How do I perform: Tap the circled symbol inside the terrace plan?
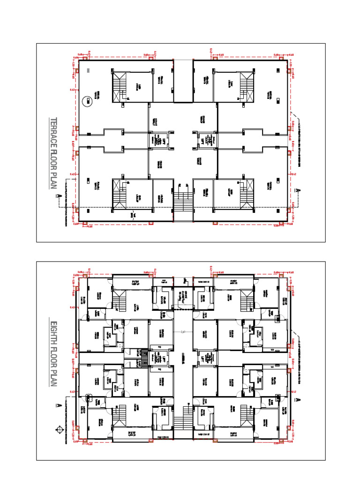pyautogui.click(x=87, y=100)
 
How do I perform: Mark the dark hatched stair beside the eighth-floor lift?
pyautogui.click(x=144, y=359)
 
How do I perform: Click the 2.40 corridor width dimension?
pyautogui.click(x=183, y=332)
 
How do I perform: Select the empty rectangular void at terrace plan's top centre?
pyautogui.click(x=183, y=81)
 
